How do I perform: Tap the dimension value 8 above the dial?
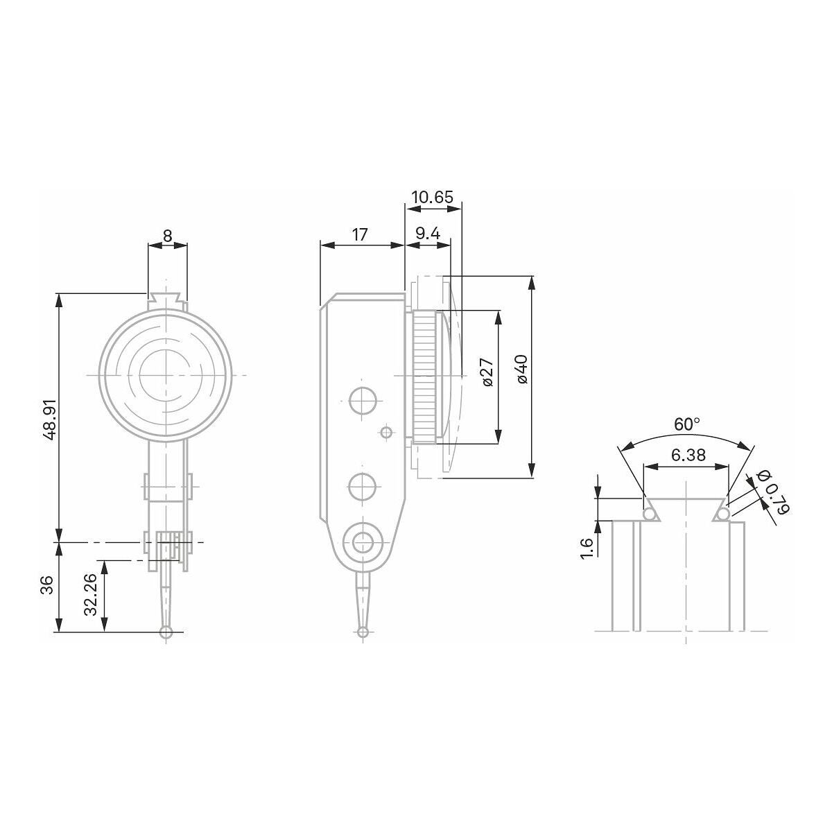point(168,236)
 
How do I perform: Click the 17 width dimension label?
point(359,234)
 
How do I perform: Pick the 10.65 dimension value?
point(432,197)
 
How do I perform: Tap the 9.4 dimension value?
point(428,234)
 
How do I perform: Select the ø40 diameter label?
point(521,370)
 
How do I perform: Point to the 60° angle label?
point(686,424)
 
